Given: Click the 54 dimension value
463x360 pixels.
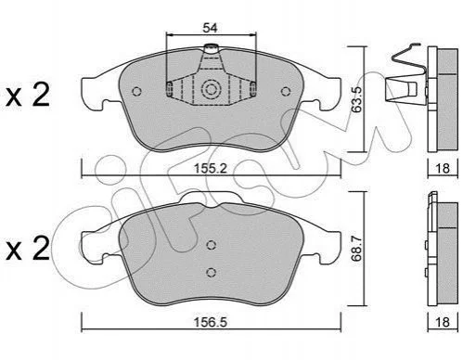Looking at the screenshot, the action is (210, 28).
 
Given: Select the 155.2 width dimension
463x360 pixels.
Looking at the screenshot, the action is (211, 169).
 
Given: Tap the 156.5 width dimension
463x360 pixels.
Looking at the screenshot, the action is (211, 322).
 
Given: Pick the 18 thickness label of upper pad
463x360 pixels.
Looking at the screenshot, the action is (443, 169).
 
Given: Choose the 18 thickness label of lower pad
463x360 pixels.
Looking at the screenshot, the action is (443, 322).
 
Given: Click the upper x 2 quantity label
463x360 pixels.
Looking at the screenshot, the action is (28, 96).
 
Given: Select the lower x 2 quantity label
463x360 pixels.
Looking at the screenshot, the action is (28, 249).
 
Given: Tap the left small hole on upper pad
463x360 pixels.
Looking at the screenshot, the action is (136, 92).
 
